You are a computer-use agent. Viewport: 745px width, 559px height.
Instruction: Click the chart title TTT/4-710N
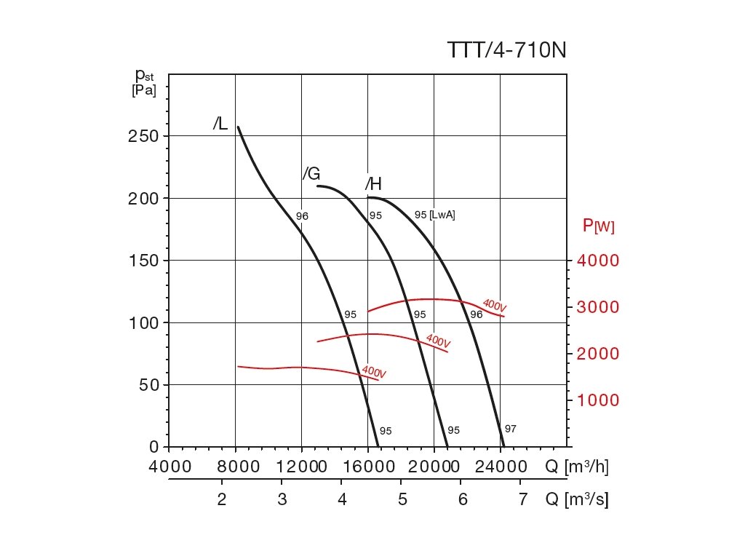(x=506, y=51)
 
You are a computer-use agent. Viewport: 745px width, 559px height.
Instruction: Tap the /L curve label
(x=220, y=124)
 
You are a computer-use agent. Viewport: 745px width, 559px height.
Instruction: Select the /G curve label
(x=311, y=174)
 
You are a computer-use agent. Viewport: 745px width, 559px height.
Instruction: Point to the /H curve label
(x=373, y=184)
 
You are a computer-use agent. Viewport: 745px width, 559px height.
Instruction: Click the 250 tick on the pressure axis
(x=143, y=136)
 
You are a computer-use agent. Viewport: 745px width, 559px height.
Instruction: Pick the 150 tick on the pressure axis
(x=143, y=261)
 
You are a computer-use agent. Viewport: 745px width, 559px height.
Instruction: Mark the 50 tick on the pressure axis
(x=148, y=385)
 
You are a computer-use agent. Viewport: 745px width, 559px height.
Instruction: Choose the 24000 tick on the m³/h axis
(x=501, y=467)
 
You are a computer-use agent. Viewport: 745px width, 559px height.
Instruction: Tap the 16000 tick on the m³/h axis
(x=367, y=467)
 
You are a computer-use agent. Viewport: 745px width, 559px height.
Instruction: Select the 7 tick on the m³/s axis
(x=522, y=500)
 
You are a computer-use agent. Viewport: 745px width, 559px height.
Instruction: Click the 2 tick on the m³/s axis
(x=222, y=500)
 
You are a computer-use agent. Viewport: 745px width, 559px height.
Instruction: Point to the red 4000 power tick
(x=599, y=261)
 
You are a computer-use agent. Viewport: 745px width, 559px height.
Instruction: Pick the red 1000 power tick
(x=599, y=400)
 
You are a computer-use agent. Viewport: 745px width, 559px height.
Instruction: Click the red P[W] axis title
(x=598, y=226)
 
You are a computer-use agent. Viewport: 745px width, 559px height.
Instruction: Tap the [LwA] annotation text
(x=442, y=215)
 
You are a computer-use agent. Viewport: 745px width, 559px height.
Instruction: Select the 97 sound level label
(x=510, y=429)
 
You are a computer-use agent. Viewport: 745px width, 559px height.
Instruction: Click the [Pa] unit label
(x=144, y=91)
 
